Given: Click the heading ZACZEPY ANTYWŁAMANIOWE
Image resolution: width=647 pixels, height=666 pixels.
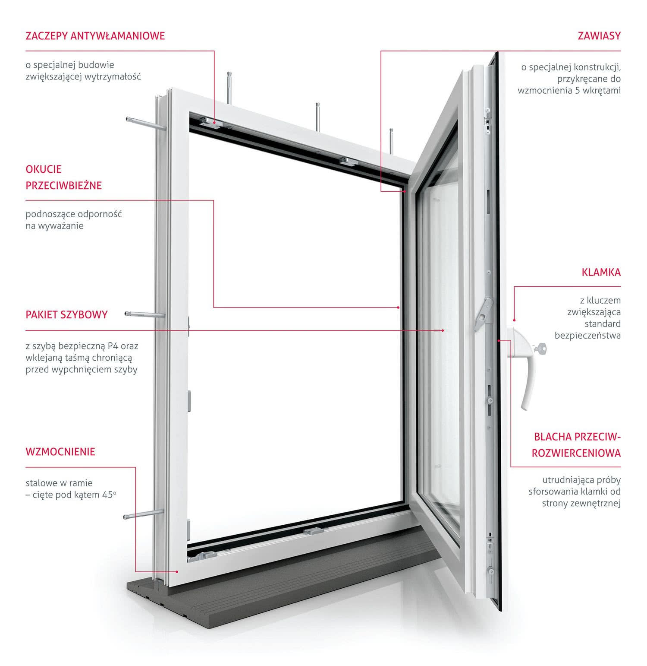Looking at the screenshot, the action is pos(95,35).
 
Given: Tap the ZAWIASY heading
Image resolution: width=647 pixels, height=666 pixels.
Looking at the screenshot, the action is pos(599,35).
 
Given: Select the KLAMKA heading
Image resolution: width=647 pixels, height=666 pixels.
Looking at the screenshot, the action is pos(601,272).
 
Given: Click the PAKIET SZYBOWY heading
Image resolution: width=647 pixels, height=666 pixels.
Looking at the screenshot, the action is pos(66,314).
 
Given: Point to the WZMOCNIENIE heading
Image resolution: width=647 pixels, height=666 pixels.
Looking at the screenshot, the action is pos(60,452).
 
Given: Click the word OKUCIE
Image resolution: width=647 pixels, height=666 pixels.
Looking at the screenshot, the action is pos(44,169).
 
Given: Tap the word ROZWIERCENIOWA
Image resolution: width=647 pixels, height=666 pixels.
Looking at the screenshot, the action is pos(576,453).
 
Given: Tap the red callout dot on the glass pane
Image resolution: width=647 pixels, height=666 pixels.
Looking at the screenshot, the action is pos(443,330).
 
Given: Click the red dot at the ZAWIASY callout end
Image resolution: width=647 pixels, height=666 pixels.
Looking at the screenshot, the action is pos(405,190).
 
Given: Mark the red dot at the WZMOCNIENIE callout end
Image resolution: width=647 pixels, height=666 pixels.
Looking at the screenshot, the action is pos(177,571).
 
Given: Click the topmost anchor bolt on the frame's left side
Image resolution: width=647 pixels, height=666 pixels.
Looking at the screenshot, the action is pos(145,124).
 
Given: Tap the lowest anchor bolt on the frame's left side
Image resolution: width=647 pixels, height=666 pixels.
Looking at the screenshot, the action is pos(144,514).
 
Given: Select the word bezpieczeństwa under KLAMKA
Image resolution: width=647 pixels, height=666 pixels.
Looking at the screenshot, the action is pos(588,335).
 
